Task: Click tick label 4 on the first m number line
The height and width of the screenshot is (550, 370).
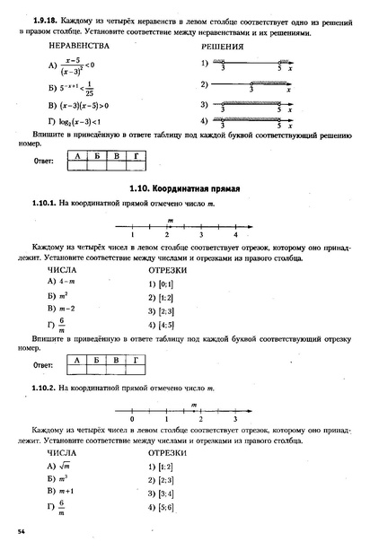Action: pos(235,234)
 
